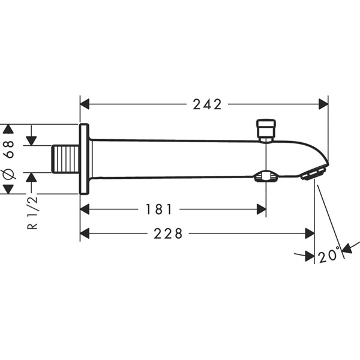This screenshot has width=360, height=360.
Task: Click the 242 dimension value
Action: click(207, 104)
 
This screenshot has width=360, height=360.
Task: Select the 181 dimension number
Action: click(159, 209)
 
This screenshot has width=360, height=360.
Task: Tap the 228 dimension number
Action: click(168, 234)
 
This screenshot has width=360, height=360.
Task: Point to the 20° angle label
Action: click(329, 254)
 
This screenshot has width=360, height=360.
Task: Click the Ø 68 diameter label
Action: click(9, 159)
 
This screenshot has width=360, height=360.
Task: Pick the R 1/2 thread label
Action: click(32, 212)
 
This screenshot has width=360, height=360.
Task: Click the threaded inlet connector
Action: click(65, 158)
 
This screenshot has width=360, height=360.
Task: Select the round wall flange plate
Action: click(84, 159)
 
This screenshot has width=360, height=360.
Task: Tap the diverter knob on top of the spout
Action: click(266, 130)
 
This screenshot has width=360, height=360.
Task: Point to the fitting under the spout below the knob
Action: click(266, 176)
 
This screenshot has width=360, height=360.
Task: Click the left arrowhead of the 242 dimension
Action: click(85, 104)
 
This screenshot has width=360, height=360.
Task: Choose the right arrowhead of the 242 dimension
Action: click(323, 104)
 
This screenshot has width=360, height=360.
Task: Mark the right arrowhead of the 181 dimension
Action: click(262, 209)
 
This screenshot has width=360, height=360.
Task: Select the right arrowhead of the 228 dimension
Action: click(310, 234)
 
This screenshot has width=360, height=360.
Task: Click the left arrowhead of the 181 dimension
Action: click(85, 209)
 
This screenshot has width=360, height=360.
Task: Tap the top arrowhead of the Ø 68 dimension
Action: click(8, 129)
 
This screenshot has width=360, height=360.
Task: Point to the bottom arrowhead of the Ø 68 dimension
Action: click(8, 189)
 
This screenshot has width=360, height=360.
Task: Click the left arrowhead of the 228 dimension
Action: click(85, 234)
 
